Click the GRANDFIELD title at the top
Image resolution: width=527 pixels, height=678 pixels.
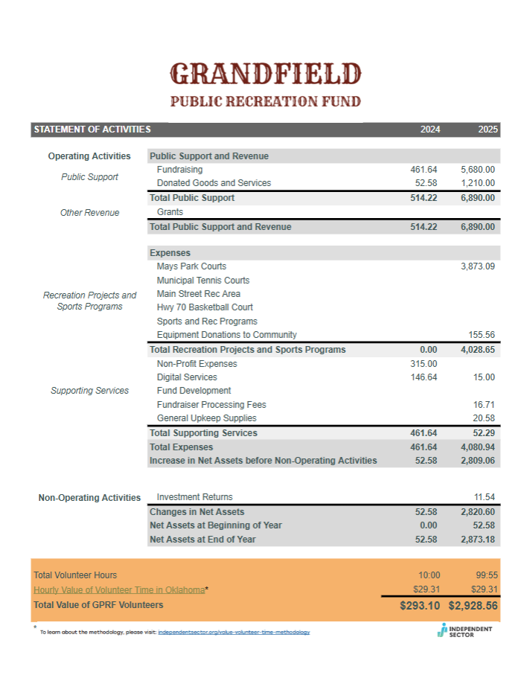pyautogui.click(x=266, y=74)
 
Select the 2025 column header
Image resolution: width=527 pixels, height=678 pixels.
pyautogui.click(x=488, y=129)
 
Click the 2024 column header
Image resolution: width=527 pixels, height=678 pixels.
pyautogui.click(x=429, y=129)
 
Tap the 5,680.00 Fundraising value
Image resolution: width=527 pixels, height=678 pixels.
pyautogui.click(x=478, y=170)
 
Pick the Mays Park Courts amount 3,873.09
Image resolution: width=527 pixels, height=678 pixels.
pyautogui.click(x=478, y=266)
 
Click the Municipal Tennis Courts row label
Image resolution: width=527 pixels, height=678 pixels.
pyautogui.click(x=203, y=280)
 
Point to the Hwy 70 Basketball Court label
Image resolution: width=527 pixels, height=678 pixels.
pyautogui.click(x=205, y=307)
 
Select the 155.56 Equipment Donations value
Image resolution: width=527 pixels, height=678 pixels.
pyautogui.click(x=482, y=335)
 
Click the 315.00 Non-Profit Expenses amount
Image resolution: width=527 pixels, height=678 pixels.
pyautogui.click(x=424, y=363)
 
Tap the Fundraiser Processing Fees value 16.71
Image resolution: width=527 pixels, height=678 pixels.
pyautogui.click(x=485, y=404)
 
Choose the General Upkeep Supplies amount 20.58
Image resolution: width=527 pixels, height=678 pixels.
pyautogui.click(x=485, y=418)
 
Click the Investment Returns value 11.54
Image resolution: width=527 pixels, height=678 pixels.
pyautogui.click(x=485, y=496)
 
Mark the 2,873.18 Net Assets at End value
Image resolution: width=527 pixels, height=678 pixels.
pyautogui.click(x=478, y=539)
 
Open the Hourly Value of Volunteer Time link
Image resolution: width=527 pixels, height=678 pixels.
pyautogui.click(x=119, y=589)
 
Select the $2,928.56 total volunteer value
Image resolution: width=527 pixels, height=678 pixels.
pyautogui.click(x=473, y=606)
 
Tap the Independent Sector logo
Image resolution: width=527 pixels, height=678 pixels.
pyautogui.click(x=465, y=630)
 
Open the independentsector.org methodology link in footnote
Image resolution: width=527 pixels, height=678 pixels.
pyautogui.click(x=234, y=632)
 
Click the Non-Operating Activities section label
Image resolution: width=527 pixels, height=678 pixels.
pyautogui.click(x=89, y=497)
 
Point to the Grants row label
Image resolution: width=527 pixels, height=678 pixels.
pyautogui.click(x=170, y=212)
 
